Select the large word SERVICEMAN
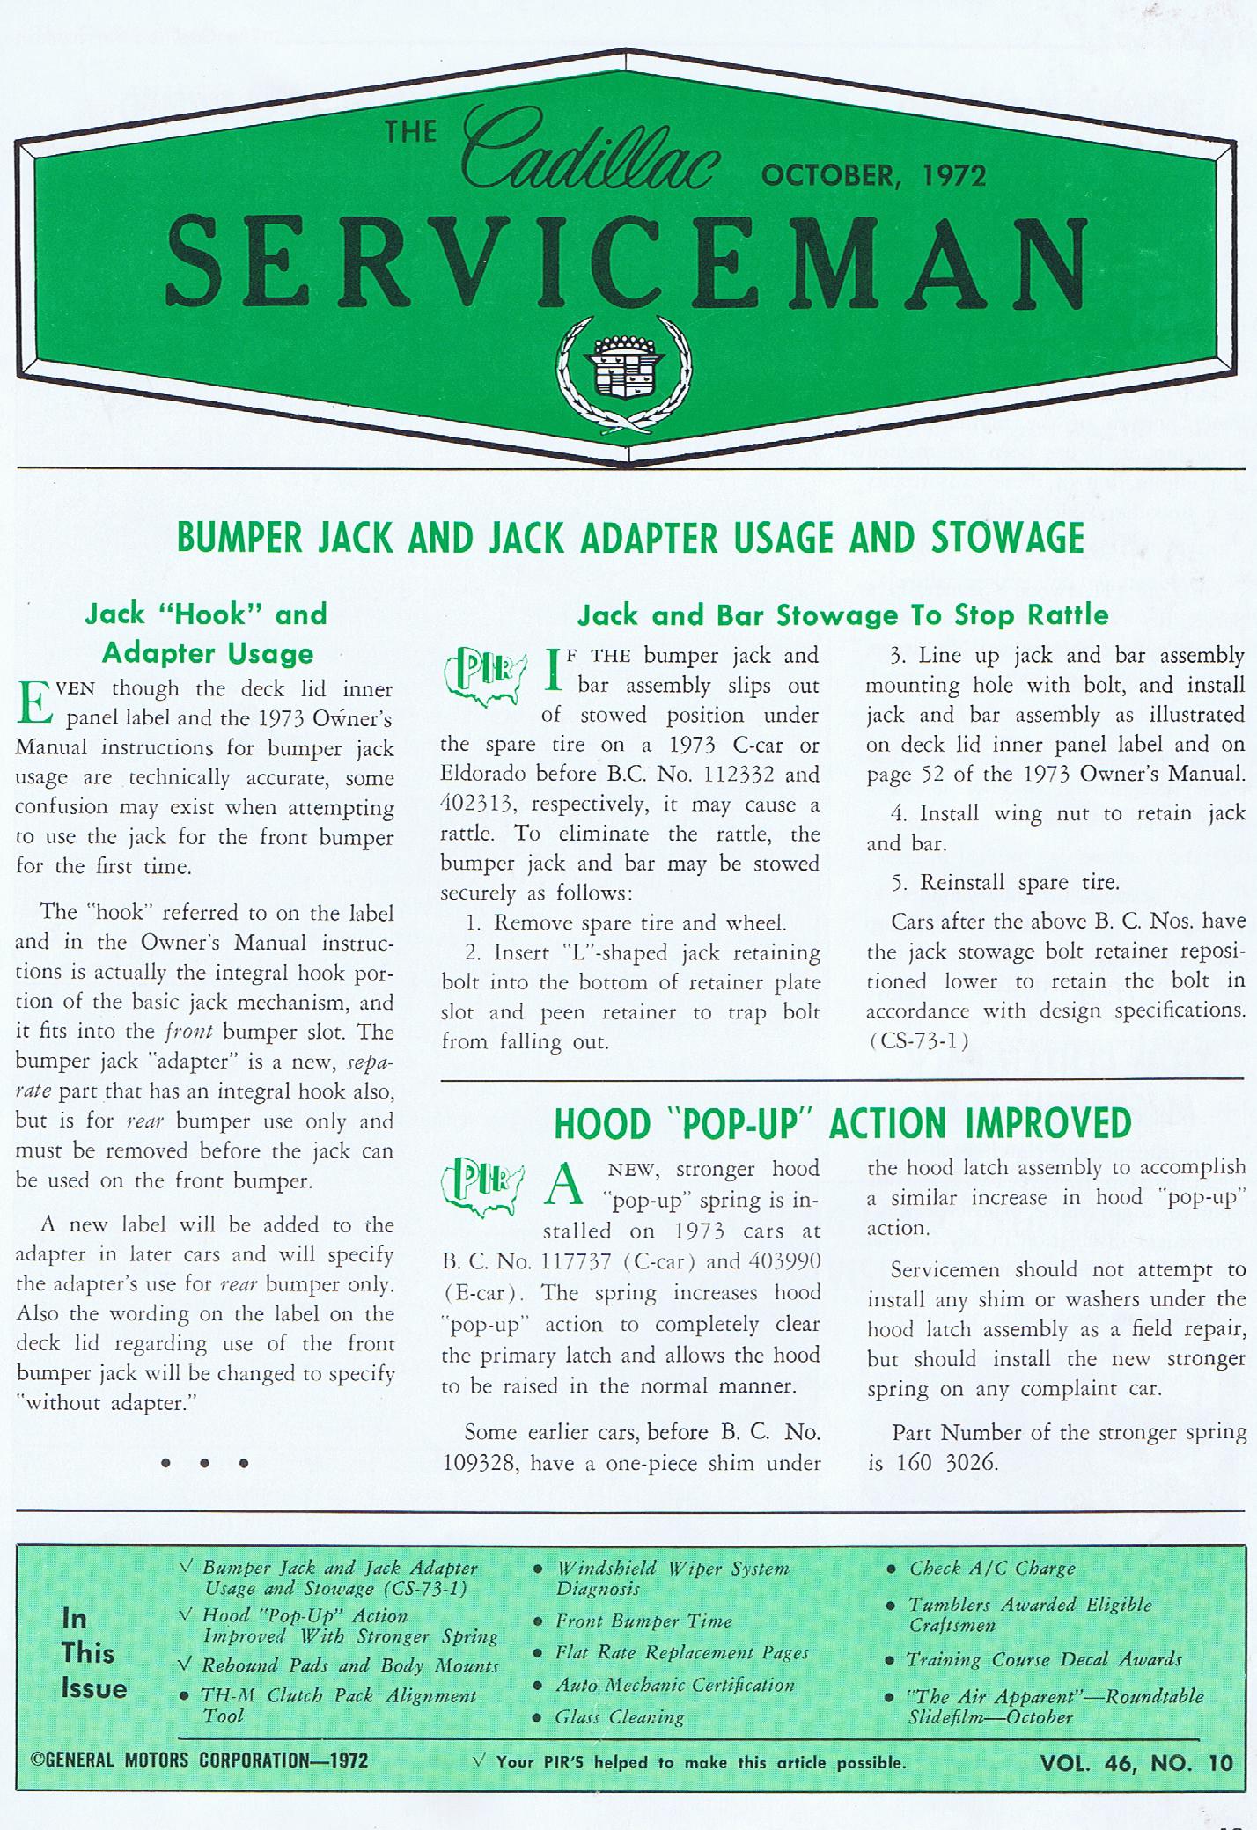[626, 261]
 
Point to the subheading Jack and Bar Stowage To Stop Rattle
[842, 614]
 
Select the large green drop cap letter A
[565, 1187]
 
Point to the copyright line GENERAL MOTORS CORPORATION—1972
[199, 1760]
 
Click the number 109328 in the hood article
[480, 1465]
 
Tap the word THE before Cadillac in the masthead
[411, 132]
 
